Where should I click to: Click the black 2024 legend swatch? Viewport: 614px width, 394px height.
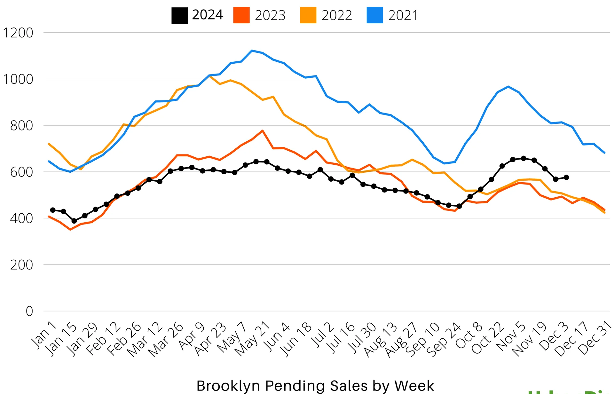(179, 15)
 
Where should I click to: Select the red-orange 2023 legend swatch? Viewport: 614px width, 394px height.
(241, 15)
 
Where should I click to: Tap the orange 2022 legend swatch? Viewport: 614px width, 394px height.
(308, 15)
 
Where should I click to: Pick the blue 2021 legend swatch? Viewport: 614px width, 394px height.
(374, 15)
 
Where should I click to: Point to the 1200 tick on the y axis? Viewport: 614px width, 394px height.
(18, 33)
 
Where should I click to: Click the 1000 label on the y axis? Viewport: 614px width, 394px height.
(18, 79)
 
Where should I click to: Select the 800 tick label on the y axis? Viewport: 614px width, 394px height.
(21, 126)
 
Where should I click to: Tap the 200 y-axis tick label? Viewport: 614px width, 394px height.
(21, 265)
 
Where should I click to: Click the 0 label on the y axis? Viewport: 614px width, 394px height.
(29, 311)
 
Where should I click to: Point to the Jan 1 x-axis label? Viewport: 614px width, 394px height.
(44, 334)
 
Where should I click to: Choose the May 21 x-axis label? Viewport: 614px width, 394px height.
(252, 340)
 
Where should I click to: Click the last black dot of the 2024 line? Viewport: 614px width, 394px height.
(566, 177)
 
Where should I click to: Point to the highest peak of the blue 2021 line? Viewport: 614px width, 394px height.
(252, 51)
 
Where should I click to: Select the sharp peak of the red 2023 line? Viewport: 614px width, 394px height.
(262, 130)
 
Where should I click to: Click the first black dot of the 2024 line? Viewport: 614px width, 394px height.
(53, 210)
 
